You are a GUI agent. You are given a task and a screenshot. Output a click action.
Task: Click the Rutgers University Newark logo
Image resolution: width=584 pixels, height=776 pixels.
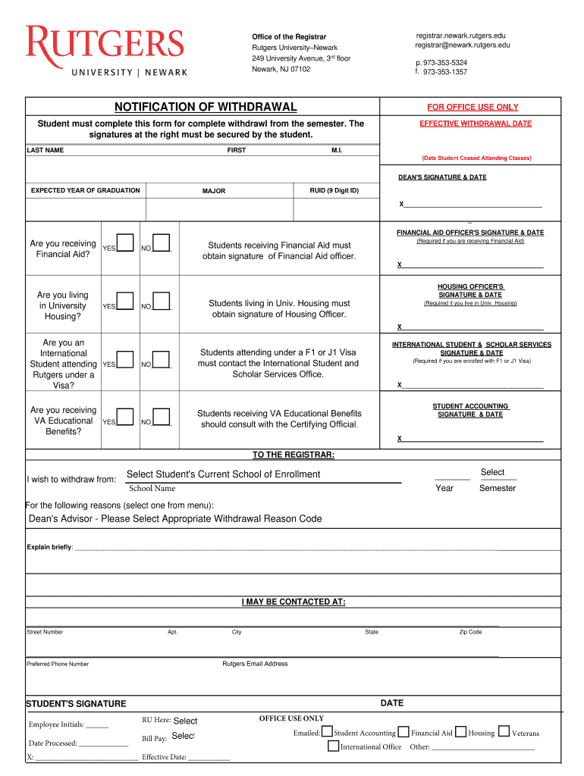coord(105,51)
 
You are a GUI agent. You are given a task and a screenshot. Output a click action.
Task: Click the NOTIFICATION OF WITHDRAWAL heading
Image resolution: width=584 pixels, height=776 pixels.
coord(206,107)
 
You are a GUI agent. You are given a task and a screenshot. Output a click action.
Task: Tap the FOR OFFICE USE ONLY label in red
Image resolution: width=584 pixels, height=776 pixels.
coord(473,108)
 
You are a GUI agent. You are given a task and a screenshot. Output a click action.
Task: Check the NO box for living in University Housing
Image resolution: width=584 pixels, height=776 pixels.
coord(161,302)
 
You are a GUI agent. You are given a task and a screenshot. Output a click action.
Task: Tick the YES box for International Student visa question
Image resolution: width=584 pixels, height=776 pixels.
coord(125,359)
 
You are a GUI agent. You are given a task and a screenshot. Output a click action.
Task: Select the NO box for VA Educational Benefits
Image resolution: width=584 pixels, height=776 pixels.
coord(161,417)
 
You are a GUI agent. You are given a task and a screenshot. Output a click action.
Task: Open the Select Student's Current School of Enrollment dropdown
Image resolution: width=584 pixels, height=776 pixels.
coord(223,474)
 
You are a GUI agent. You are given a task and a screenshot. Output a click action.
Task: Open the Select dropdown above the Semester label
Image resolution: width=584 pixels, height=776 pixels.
coord(492,472)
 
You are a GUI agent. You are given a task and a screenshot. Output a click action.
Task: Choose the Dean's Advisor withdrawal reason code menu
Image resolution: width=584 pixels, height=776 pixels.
coord(175,519)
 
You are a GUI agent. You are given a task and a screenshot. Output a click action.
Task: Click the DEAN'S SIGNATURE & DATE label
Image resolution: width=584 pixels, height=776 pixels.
coord(442,177)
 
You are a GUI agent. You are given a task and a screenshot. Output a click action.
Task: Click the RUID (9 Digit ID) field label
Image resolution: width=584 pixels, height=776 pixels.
coord(334,190)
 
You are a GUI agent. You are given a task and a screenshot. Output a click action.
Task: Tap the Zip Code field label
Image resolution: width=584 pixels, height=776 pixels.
coord(470,632)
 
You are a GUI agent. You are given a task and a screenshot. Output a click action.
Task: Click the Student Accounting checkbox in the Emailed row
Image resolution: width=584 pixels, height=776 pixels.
coord(327,732)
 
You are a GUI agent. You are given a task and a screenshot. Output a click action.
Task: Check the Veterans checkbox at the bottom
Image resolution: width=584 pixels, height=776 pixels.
coord(504,732)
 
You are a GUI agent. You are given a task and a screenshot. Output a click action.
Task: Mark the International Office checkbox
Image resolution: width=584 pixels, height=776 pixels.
coord(333,746)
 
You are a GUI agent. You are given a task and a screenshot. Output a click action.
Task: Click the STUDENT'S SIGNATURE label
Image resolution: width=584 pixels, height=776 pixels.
coord(76,704)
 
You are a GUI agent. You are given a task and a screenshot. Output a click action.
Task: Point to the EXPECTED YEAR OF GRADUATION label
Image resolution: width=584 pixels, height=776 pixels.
coord(85,190)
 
